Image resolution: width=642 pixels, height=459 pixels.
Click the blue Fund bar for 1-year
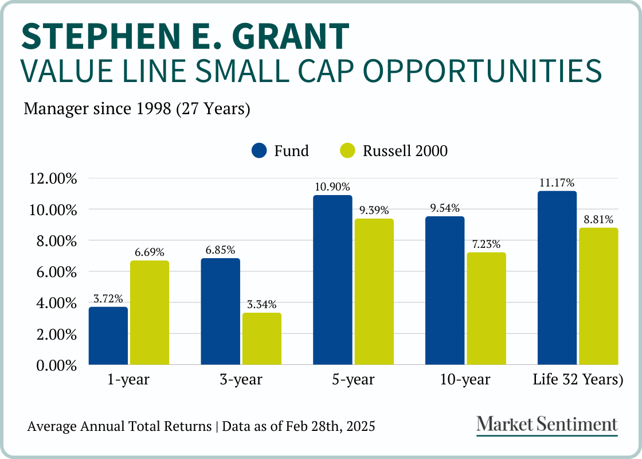tap(108, 336)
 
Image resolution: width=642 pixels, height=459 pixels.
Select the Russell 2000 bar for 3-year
tap(262, 339)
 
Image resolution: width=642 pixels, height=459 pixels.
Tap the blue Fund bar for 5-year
tap(332, 280)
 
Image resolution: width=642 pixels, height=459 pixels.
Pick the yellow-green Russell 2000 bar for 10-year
tap(487, 309)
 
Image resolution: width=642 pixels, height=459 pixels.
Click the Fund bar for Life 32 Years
tap(557, 278)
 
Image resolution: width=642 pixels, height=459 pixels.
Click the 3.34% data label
tap(262, 304)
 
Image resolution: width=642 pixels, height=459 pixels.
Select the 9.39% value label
tap(374, 210)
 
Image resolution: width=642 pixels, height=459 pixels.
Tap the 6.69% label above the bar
tap(150, 252)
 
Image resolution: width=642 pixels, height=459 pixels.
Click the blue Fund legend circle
tap(260, 151)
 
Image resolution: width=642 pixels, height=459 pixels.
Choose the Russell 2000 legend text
tap(405, 151)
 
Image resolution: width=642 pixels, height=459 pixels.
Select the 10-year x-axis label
tap(465, 380)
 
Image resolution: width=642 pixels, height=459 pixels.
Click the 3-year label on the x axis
tap(240, 380)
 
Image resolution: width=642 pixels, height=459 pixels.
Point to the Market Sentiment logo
tap(547, 425)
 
